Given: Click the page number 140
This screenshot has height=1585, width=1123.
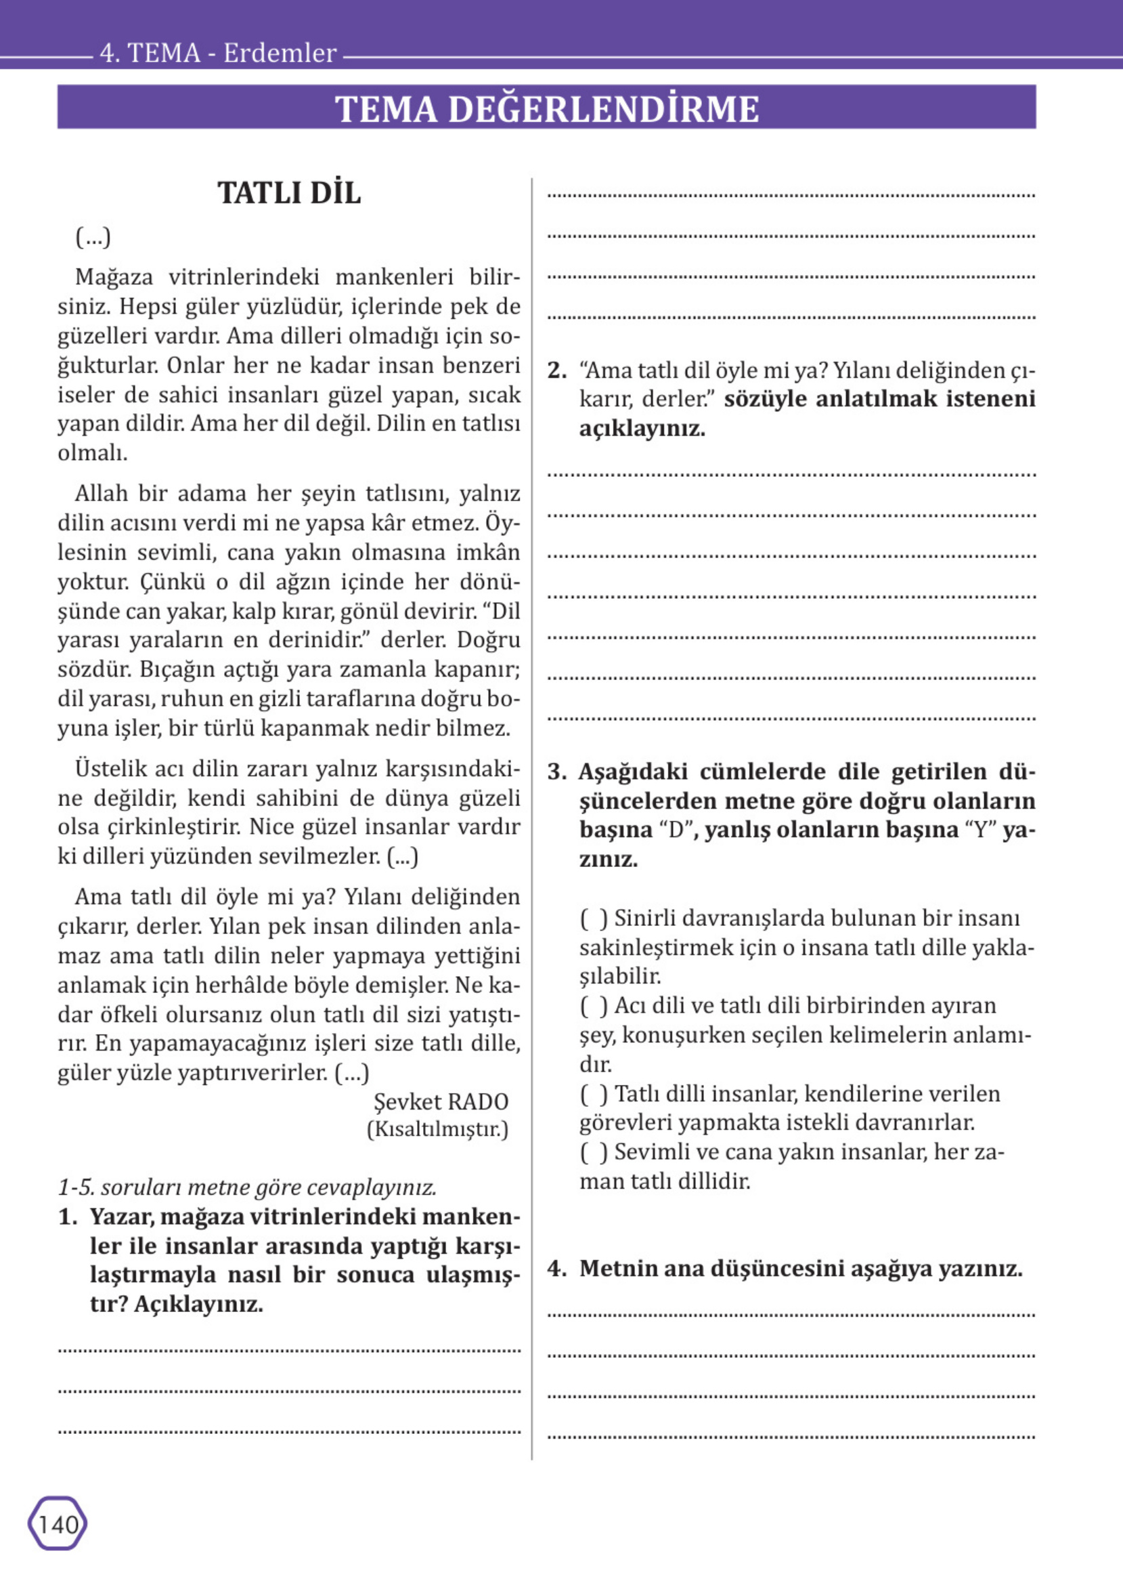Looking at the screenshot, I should (58, 1524).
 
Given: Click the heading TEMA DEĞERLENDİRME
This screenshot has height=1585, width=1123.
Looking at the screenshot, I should (546, 108).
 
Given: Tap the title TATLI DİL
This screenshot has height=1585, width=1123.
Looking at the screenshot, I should (289, 193).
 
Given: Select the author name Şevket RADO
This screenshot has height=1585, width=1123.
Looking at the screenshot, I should (441, 1101).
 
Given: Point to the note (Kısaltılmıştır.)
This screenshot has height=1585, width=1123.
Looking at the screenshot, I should (437, 1130).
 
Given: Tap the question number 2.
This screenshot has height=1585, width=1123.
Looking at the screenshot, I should (556, 371).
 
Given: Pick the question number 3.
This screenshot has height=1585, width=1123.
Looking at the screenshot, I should (556, 772).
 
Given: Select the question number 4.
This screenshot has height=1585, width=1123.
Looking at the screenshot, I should (556, 1268).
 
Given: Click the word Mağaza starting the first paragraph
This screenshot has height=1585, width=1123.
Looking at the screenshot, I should (114, 277).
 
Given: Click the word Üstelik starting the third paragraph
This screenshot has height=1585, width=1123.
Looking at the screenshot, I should (110, 768).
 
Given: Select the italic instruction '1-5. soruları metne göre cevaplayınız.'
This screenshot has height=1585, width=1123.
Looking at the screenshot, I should (248, 1187).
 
